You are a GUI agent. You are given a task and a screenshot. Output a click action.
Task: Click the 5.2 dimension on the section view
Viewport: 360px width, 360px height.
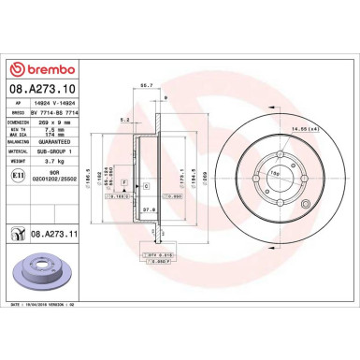(125, 120)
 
